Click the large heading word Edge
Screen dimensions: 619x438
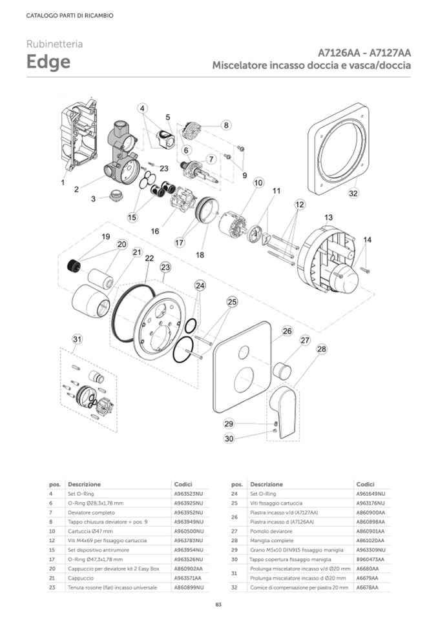tap(48, 63)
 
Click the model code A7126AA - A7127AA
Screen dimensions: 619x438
tap(365, 52)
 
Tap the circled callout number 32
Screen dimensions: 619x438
tap(353, 193)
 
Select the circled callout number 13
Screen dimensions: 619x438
tap(328, 218)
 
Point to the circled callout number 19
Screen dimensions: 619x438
tap(106, 237)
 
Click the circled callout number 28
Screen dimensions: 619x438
tap(321, 349)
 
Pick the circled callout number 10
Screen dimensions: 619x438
tap(258, 183)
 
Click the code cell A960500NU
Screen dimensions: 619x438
tap(189, 531)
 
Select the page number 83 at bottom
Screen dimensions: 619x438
tap(218, 604)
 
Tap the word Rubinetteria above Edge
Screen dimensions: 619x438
tap(54, 45)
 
